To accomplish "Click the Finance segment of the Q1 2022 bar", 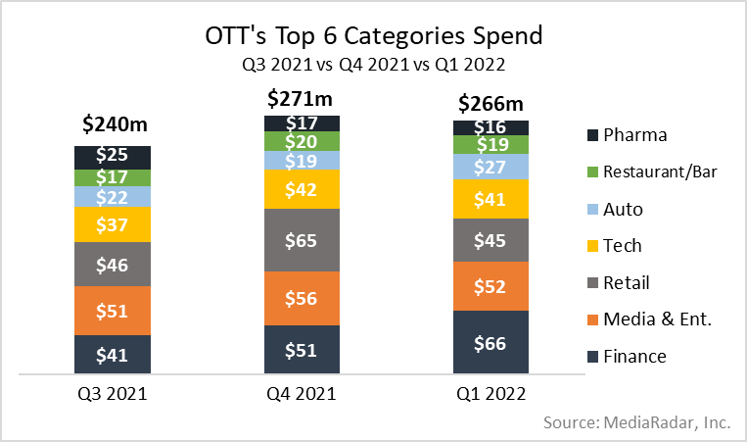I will click(x=490, y=342).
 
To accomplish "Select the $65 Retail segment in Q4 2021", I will click(x=302, y=239).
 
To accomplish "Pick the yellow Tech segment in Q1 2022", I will click(x=490, y=199).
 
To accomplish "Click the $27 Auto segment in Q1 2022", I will click(x=490, y=167).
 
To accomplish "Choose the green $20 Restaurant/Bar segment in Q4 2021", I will click(x=302, y=140).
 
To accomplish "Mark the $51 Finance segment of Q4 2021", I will click(x=302, y=350).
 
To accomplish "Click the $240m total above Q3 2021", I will click(x=114, y=124).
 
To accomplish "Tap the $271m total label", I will click(x=301, y=98).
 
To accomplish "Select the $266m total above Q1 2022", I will click(x=490, y=104).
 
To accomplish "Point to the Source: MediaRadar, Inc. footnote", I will click(x=635, y=422).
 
